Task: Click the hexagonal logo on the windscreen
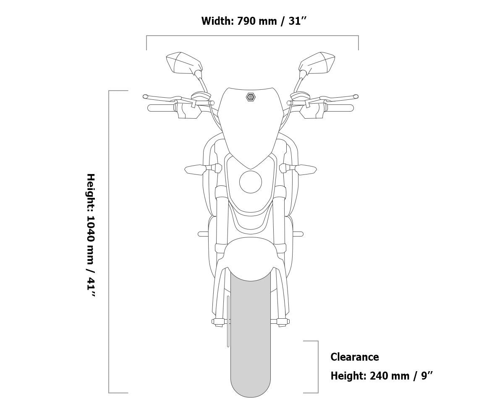tap(251, 97)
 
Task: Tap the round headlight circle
tap(251, 182)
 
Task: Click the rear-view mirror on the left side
tap(184, 63)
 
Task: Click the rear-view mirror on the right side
tap(317, 63)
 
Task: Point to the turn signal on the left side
tap(203, 169)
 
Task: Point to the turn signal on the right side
tap(298, 169)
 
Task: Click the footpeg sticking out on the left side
tap(203, 234)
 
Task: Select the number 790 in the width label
tap(246, 21)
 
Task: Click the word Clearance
tap(355, 357)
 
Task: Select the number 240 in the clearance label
tap(379, 376)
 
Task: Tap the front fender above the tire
tap(251, 260)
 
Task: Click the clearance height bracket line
tap(318, 367)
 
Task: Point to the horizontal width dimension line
tap(253, 36)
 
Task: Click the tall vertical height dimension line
tap(109, 242)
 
